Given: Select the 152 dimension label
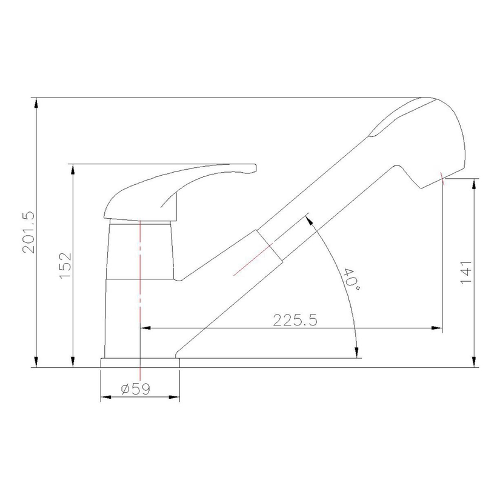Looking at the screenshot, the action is click(65, 265).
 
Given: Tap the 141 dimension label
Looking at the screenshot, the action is click(466, 272).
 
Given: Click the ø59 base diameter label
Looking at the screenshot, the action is click(135, 389).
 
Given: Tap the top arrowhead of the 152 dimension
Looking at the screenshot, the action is click(73, 170).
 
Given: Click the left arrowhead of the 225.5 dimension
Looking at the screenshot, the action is click(145, 328).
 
